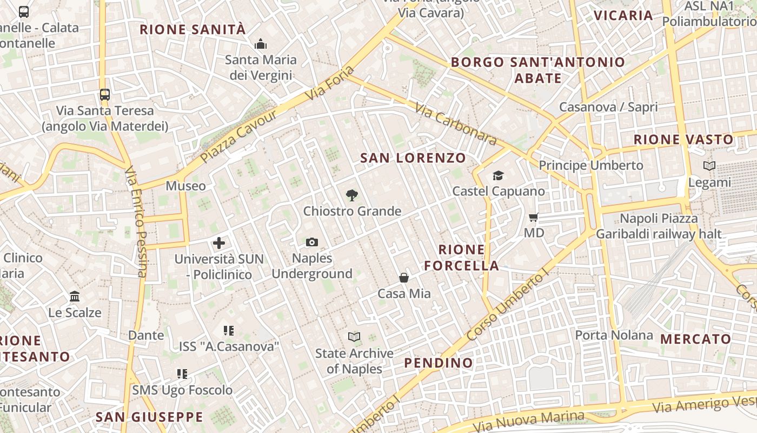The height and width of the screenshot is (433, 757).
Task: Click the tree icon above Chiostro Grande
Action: [352, 195]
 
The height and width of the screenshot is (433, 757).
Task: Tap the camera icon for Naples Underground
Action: [312, 242]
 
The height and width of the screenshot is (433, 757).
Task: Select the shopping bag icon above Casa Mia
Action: [404, 278]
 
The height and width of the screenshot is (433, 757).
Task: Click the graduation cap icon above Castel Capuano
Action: [498, 175]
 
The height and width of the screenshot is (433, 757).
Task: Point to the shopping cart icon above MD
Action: [534, 218]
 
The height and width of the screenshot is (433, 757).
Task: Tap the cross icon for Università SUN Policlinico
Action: [219, 243]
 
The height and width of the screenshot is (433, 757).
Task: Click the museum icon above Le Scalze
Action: [75, 297]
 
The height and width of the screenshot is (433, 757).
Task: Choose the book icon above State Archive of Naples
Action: [354, 337]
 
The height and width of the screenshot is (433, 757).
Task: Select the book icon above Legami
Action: [709, 166]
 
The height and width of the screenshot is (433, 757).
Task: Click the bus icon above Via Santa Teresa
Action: [105, 95]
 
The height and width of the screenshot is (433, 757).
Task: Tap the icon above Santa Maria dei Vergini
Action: [261, 44]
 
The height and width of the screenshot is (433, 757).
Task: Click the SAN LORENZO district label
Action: [413, 158]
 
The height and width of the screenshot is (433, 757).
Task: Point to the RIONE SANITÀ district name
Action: [193, 30]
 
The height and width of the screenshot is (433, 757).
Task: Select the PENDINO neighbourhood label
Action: [439, 363]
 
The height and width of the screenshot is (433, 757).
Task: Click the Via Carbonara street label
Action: [456, 124]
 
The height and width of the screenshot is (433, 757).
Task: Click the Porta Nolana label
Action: [614, 335]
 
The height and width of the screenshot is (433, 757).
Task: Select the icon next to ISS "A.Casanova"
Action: [229, 330]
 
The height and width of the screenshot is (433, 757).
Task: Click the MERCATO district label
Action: [695, 339]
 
